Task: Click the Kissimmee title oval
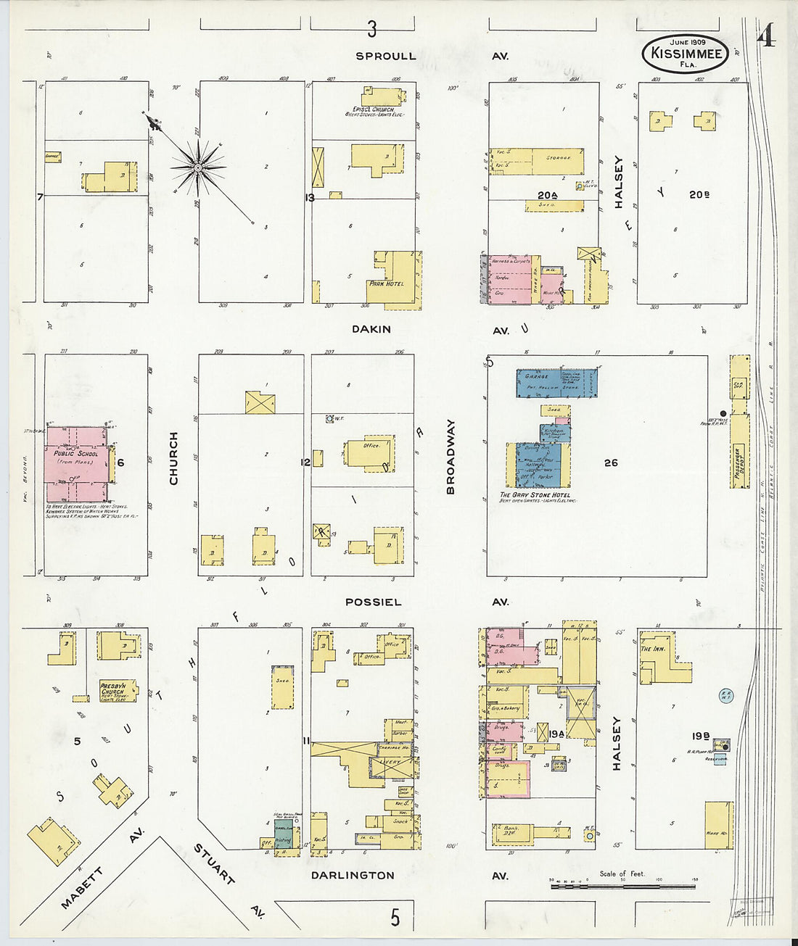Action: pos(685,54)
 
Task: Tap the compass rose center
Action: pos(198,168)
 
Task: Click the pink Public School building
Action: pos(77,464)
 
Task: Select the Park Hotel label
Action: pos(386,283)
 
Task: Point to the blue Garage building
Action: pos(556,383)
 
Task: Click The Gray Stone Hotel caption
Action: pos(535,495)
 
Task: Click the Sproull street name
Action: pos(386,56)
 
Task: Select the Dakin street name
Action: pos(371,329)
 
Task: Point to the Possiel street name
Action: pos(373,602)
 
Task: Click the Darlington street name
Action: pos(353,875)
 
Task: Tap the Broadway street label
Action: pos(451,457)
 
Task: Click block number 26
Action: pos(611,462)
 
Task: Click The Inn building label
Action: pos(653,649)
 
